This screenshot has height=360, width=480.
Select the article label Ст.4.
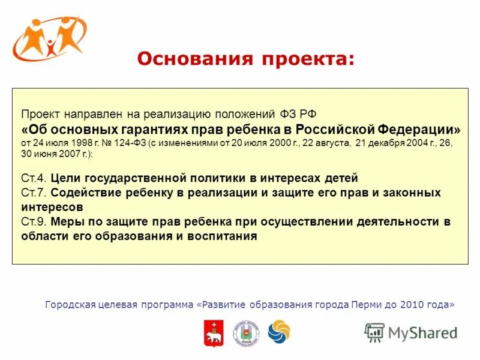(34, 178)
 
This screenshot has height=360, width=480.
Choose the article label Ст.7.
(34, 193)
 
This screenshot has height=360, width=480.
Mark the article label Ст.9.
(34, 222)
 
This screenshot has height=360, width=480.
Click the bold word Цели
(64, 178)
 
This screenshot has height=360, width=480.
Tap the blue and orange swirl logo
(278, 332)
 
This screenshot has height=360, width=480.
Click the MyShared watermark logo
(410, 332)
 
